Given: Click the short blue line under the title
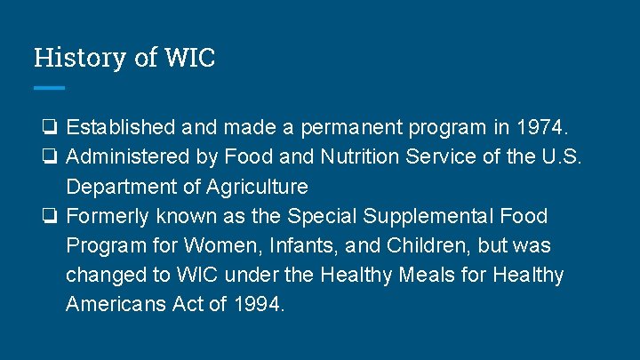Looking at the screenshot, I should point(49,87).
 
